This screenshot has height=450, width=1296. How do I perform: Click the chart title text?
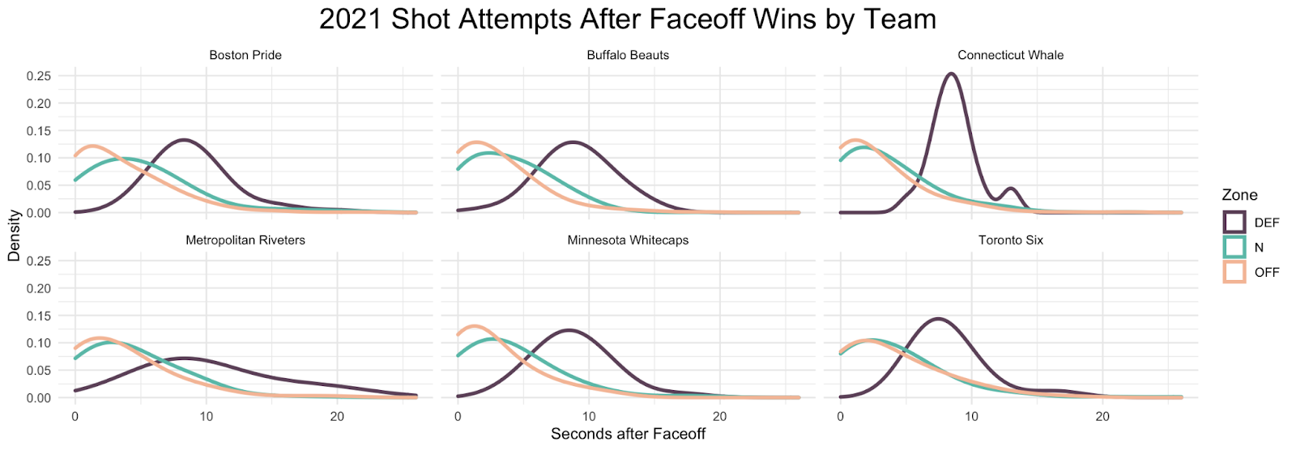(x=627, y=19)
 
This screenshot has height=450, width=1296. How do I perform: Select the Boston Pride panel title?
(x=245, y=55)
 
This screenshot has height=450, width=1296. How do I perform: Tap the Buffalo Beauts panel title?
(x=628, y=55)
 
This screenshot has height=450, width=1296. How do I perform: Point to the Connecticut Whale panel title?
(x=1010, y=55)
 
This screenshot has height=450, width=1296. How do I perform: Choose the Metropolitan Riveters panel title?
(x=245, y=240)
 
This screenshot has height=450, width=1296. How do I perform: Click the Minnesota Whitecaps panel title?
(x=628, y=240)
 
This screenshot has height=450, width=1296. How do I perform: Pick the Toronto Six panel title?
(x=1010, y=240)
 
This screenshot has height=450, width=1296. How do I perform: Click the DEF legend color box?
(x=1234, y=222)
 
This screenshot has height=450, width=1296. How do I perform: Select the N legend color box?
(x=1234, y=247)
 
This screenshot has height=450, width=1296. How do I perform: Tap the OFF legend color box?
(x=1234, y=272)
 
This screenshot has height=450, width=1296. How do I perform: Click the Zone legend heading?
(x=1239, y=195)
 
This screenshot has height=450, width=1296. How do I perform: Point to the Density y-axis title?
(x=14, y=236)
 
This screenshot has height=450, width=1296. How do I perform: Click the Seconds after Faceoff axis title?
(x=628, y=435)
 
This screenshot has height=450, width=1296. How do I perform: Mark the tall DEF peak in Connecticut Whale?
(x=951, y=74)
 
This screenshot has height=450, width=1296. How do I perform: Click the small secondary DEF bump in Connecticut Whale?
(x=1009, y=189)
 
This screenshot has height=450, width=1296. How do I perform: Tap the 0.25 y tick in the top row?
(x=39, y=76)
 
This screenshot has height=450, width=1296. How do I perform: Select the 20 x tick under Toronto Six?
(x=1102, y=417)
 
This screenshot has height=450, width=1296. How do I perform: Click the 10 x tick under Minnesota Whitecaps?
(x=589, y=417)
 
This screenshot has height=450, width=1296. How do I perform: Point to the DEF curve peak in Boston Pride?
(x=185, y=140)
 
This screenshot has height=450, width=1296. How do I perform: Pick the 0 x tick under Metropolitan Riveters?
(x=75, y=417)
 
